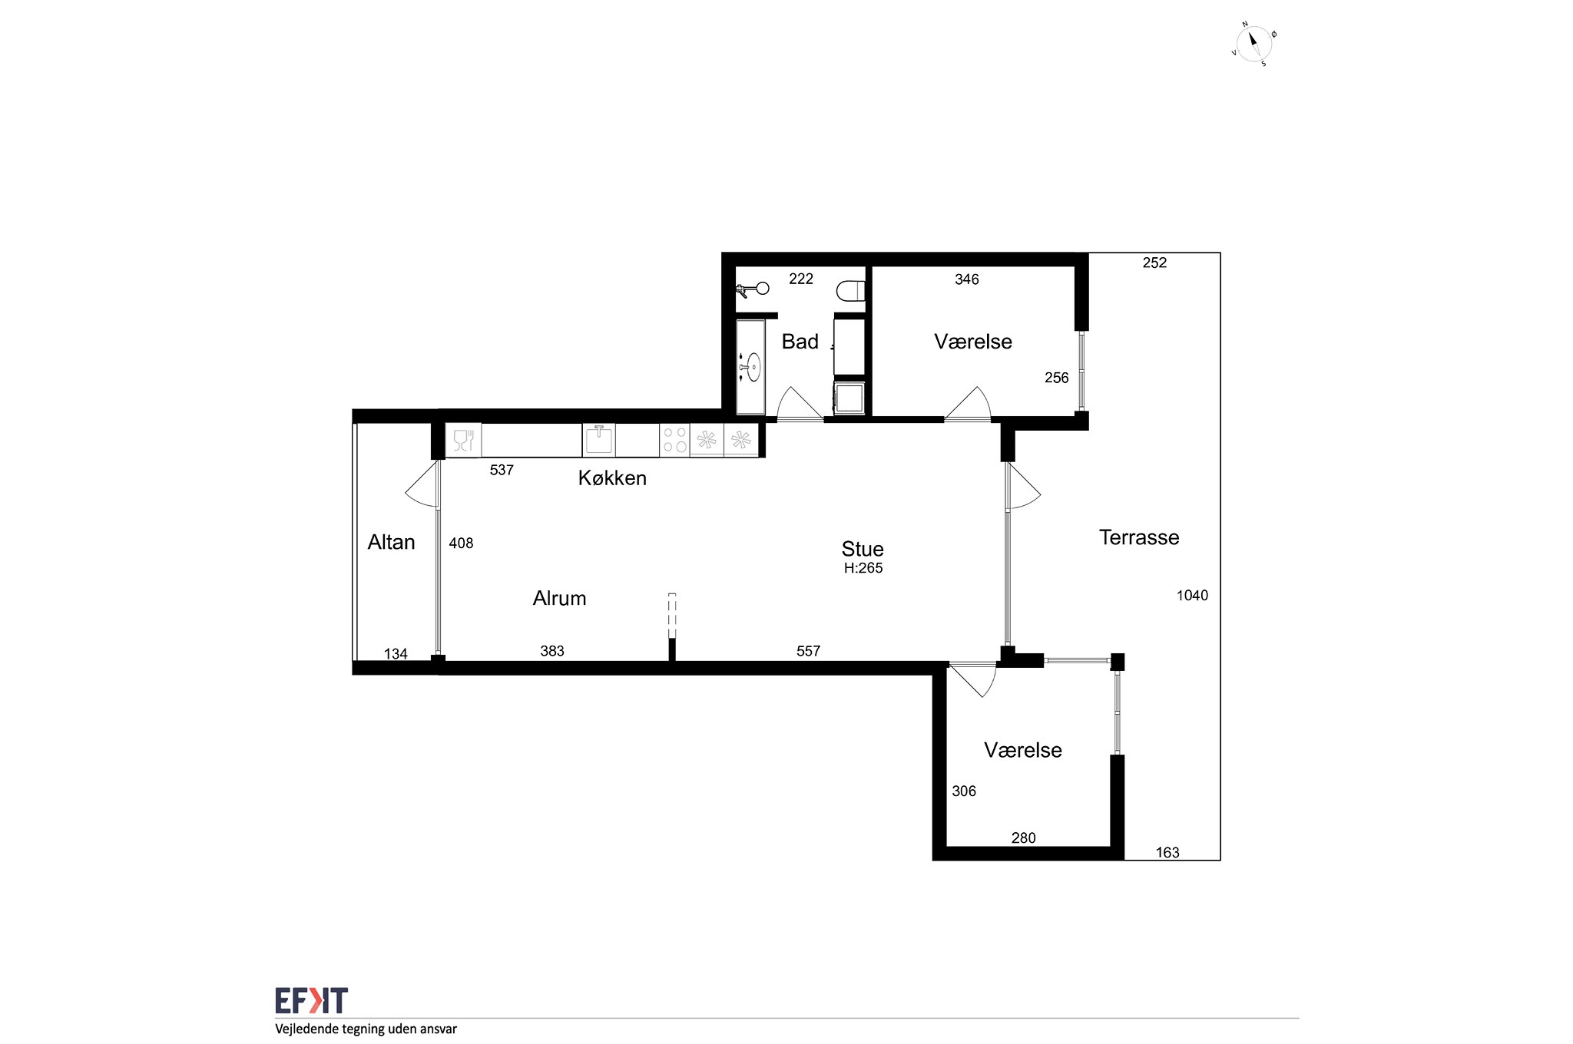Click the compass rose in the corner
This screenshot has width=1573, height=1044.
click(x=1253, y=44)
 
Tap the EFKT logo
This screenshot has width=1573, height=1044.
click(x=311, y=1000)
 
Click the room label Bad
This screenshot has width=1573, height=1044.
click(x=800, y=342)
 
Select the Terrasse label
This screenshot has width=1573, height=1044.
click(x=1139, y=537)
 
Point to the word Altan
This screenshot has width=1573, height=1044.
click(x=391, y=542)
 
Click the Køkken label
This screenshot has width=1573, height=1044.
click(x=612, y=478)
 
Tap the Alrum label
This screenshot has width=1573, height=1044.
click(x=559, y=598)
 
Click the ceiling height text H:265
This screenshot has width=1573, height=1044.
click(x=863, y=568)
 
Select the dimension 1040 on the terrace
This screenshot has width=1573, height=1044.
click(x=1192, y=595)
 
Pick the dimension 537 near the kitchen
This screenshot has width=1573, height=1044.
click(x=502, y=470)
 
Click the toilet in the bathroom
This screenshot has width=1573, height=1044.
click(x=850, y=291)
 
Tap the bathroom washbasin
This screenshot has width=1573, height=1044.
click(x=753, y=367)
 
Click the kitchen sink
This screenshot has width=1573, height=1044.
click(x=598, y=440)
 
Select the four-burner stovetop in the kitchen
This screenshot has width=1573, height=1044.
click(x=674, y=440)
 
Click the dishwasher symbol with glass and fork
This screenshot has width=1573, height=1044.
click(x=463, y=440)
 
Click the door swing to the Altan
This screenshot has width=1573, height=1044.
click(x=422, y=484)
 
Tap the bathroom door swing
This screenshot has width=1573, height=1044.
click(x=800, y=403)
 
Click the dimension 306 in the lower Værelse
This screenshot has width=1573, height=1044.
click(x=964, y=791)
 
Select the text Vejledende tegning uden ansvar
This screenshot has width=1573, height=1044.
click(x=366, y=1029)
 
